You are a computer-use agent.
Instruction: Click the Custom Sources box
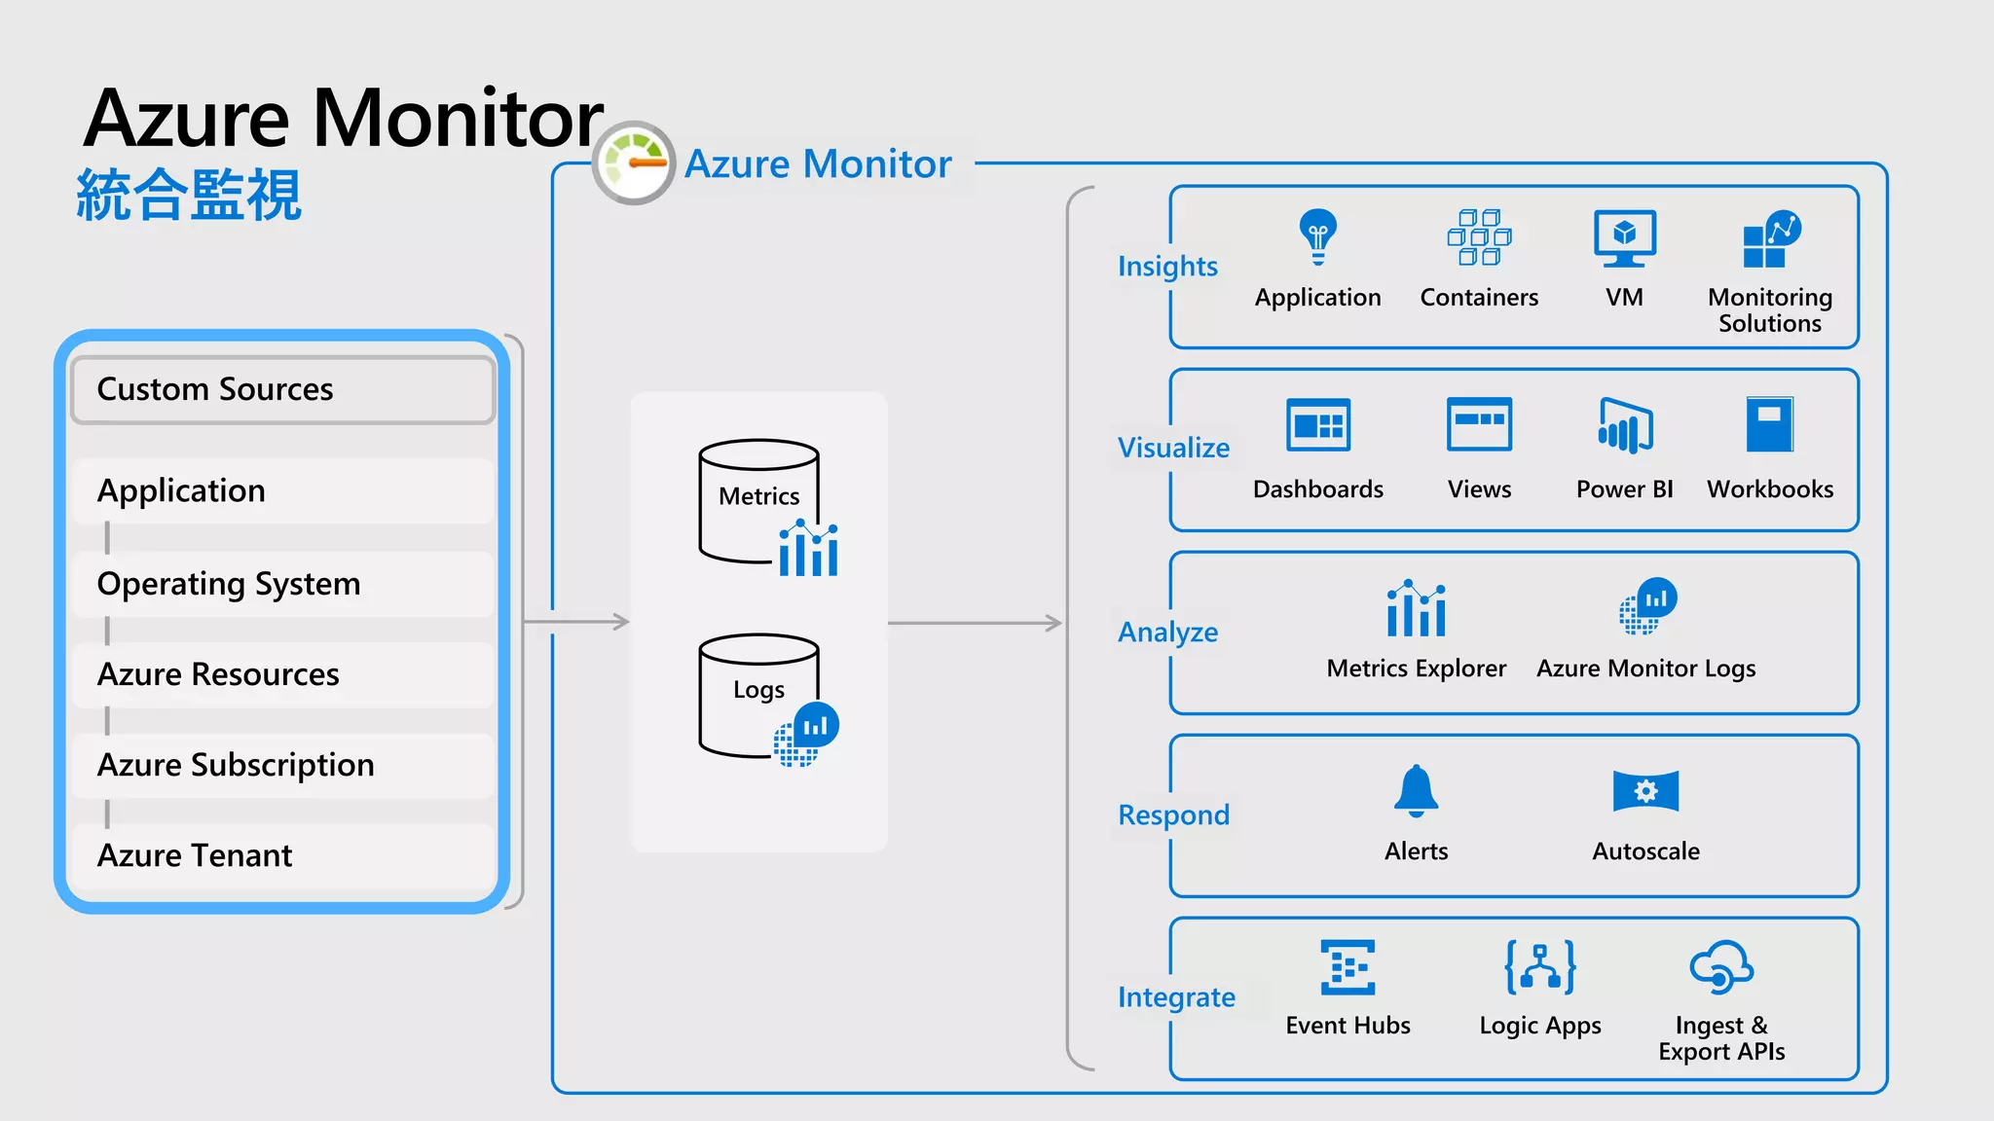coord(282,389)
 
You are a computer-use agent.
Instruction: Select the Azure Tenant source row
coord(282,855)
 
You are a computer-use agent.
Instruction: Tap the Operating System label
coord(229,584)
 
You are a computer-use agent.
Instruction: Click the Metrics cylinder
coord(758,500)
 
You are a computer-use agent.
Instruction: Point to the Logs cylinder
coord(758,694)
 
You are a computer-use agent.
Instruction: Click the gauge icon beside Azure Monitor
coord(634,163)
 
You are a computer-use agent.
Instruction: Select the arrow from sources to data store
coord(576,621)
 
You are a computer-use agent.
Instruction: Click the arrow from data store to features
coord(975,622)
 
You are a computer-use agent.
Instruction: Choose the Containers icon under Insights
coord(1479,236)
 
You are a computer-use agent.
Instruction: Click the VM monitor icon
coord(1624,237)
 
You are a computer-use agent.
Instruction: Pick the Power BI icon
coord(1624,425)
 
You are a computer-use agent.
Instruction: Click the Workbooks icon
coord(1769,423)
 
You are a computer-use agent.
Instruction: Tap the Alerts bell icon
coord(1416,790)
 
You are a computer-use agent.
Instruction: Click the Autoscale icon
coord(1645,790)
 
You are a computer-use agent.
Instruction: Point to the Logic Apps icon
coord(1540,967)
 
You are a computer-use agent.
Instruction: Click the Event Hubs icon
coord(1348,967)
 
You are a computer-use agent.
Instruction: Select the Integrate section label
coord(1176,997)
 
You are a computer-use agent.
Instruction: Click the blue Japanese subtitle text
coord(189,196)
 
